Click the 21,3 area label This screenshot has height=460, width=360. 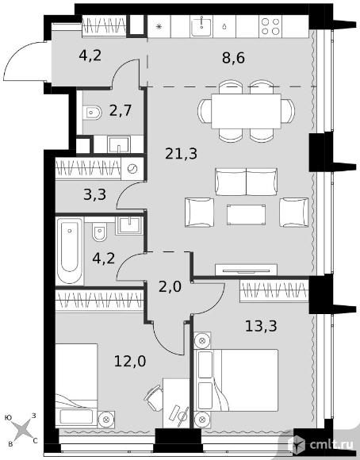pyautogui.click(x=181, y=153)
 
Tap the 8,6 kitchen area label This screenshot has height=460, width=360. pyautogui.click(x=233, y=58)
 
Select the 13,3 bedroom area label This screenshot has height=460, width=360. pyautogui.click(x=261, y=326)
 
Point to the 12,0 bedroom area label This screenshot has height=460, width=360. pyautogui.click(x=130, y=361)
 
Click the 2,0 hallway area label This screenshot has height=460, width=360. pyautogui.click(x=170, y=286)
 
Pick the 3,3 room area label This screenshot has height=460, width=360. pyautogui.click(x=94, y=194)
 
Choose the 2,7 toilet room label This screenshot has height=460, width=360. pyautogui.click(x=121, y=111)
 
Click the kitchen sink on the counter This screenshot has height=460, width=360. pyautogui.click(x=201, y=26)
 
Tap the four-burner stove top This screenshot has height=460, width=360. pyautogui.click(x=270, y=26)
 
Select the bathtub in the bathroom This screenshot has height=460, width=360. pyautogui.click(x=70, y=251)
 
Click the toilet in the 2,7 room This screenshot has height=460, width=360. pyautogui.click(x=92, y=113)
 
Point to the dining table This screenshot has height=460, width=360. pyautogui.click(x=246, y=111)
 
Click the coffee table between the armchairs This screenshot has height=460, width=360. pyautogui.click(x=246, y=215)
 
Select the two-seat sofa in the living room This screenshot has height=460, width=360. pyautogui.click(x=246, y=182)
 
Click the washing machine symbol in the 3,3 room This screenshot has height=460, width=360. pyautogui.click(x=132, y=169)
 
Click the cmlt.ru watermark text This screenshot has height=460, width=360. pyautogui.click(x=331, y=445)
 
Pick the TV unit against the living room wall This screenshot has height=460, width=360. pyautogui.click(x=246, y=270)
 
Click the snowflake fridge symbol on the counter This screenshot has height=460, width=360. pyautogui.click(x=159, y=27)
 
